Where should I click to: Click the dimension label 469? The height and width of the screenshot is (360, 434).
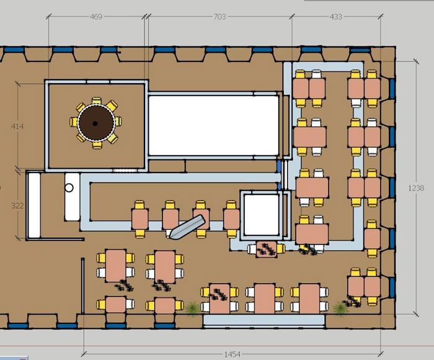coord(96,17)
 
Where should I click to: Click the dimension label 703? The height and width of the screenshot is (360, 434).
coord(219,17)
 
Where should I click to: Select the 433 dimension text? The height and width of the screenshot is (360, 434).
coord(336,17)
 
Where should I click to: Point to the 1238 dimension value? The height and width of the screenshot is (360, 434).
coord(416,188)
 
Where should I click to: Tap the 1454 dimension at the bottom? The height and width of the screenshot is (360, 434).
coord(232,354)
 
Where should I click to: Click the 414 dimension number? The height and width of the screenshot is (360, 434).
coord(17,127)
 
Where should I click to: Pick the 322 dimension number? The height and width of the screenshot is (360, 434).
coord(17,205)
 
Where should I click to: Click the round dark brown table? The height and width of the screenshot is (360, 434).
coord(96,123)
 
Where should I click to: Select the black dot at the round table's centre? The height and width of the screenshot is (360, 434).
coord(95,124)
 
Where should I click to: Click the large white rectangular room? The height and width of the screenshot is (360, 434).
coord(213,125)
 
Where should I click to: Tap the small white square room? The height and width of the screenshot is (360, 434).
coord(261,215)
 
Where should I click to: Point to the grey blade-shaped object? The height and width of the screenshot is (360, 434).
coord(187,227)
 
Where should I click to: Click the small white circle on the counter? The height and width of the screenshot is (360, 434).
coord(69,188)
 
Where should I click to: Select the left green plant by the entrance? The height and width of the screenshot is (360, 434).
coord(192,308)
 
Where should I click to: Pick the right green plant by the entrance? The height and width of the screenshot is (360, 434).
coord(340,308)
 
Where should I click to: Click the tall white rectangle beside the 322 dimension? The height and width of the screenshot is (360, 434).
coord(34,205)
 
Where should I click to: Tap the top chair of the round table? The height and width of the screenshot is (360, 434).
coord(97,101)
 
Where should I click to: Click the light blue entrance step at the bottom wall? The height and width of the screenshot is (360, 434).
coord(263,320)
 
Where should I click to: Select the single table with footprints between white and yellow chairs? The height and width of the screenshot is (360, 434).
coord(266,249)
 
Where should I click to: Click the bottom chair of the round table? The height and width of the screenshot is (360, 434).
coord(97,145)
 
